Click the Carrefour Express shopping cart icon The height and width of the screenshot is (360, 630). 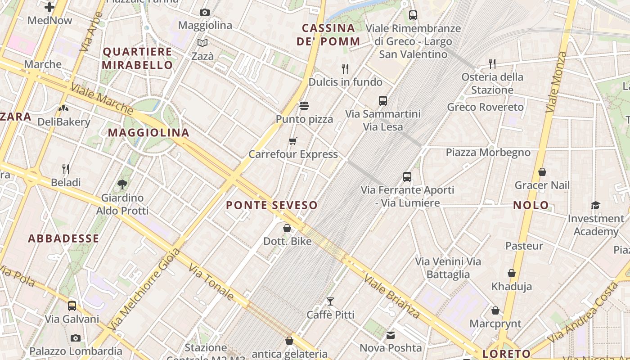(x=293, y=141)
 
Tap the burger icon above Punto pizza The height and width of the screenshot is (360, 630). (x=304, y=106)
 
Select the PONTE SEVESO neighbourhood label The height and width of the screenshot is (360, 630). (x=272, y=205)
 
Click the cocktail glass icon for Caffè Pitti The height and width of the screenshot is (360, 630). (x=330, y=301)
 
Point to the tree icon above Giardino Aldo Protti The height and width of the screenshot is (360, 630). (x=122, y=184)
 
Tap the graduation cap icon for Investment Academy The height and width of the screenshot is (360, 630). (x=596, y=206)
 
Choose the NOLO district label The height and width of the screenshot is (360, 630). (x=531, y=206)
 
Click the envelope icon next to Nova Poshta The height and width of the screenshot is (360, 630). (x=390, y=335)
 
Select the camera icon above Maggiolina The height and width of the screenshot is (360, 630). (x=205, y=12)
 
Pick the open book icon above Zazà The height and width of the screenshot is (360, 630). (x=202, y=43)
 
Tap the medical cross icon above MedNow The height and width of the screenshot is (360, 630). (x=49, y=7)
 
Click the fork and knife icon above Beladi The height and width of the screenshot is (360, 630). (x=66, y=169)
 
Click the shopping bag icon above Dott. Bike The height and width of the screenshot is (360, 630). (x=287, y=228)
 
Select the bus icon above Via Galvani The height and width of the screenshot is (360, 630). (x=72, y=306)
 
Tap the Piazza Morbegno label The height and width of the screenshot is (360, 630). (x=488, y=153)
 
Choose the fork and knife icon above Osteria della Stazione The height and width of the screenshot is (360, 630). (x=492, y=63)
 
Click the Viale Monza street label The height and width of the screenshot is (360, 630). (x=556, y=82)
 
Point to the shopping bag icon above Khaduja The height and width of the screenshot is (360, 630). (x=512, y=273)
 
